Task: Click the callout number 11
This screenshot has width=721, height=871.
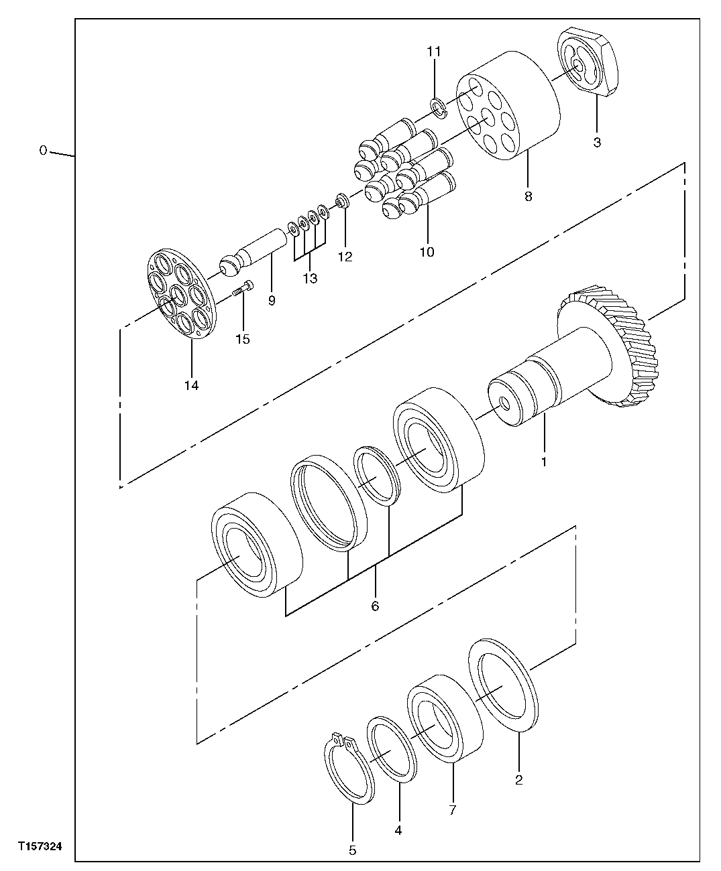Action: click(x=435, y=51)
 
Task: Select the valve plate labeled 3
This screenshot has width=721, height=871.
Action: click(x=589, y=64)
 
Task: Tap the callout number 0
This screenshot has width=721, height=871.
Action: click(x=43, y=151)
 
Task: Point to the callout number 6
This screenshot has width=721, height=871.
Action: click(x=375, y=606)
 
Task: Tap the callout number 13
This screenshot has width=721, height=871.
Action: click(x=309, y=278)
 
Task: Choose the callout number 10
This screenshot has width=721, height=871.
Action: click(x=427, y=252)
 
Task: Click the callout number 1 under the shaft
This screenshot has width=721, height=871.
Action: click(x=544, y=462)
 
